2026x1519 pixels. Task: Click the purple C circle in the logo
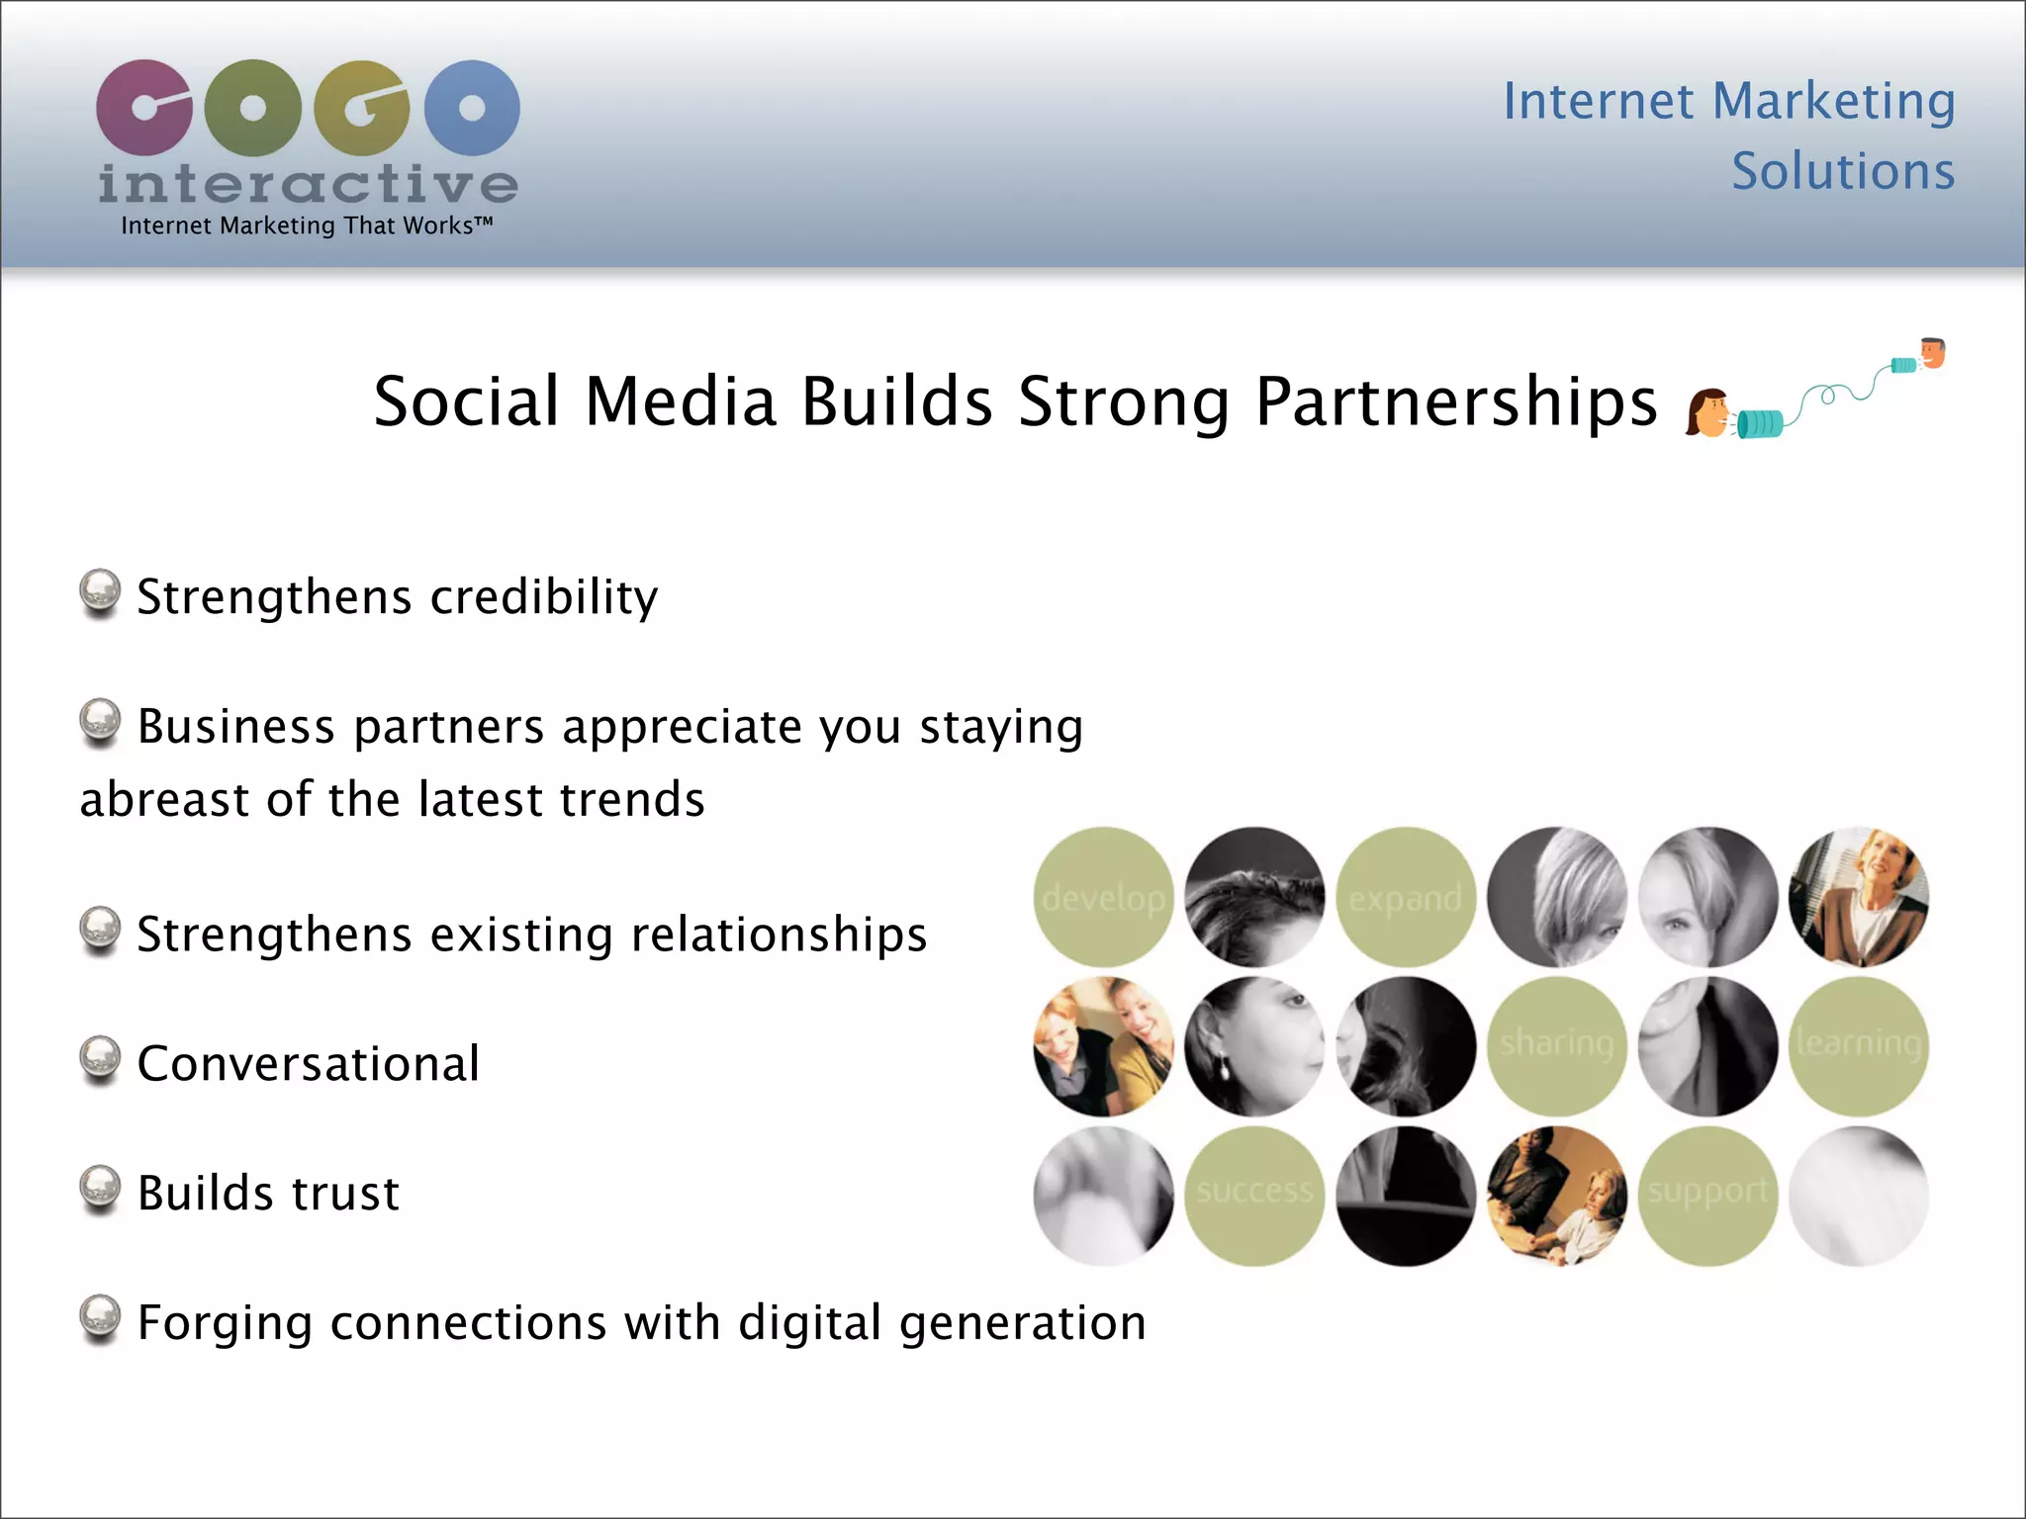coord(143,107)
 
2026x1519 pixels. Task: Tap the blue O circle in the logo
coord(472,107)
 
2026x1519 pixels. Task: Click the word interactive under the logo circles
coord(307,184)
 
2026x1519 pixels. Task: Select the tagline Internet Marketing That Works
coord(307,226)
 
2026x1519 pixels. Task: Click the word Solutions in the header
coord(1842,172)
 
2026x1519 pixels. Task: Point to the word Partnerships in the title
coord(1455,402)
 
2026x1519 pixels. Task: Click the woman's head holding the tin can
coord(1707,413)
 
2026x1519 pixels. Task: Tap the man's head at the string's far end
coord(1932,351)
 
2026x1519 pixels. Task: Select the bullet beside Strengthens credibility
coord(100,592)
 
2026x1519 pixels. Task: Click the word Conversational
coord(309,1064)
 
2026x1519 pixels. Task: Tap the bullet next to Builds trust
coord(100,1189)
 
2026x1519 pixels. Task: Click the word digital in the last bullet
coord(809,1323)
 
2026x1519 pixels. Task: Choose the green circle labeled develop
coord(1103,897)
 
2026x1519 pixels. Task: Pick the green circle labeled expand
coord(1405,897)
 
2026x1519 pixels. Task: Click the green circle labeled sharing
coord(1556,1046)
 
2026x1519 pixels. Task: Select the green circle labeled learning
coord(1858,1046)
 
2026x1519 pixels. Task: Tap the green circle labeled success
coord(1254,1195)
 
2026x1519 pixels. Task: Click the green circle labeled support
coord(1707,1195)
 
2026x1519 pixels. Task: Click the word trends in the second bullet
coord(632,799)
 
